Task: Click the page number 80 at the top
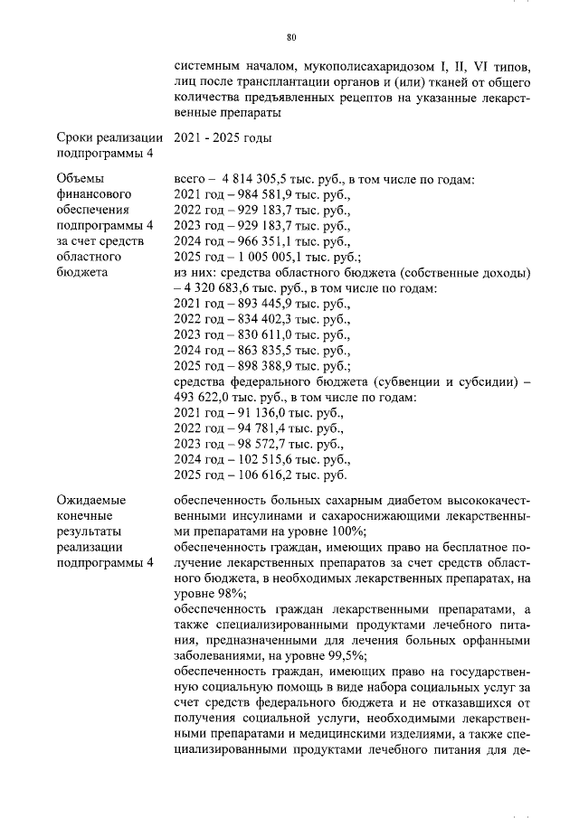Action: point(290,37)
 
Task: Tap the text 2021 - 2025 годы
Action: point(222,138)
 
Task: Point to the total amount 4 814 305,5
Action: point(252,179)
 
